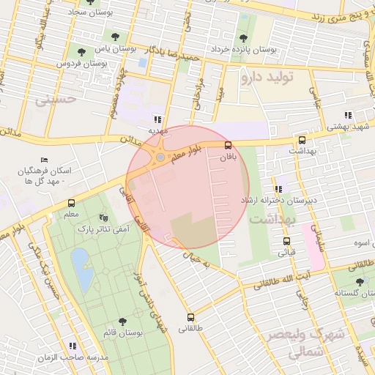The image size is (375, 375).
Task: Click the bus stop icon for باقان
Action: pyautogui.click(x=228, y=145)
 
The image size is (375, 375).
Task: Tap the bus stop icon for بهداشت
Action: pyautogui.click(x=302, y=140)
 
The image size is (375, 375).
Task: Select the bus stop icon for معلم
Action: pyautogui.click(x=71, y=204)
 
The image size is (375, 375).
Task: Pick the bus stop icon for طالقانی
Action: pyautogui.click(x=191, y=317)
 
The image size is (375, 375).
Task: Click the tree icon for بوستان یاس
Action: pyautogui.click(x=81, y=52)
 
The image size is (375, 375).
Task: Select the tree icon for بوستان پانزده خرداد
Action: pyautogui.click(x=242, y=39)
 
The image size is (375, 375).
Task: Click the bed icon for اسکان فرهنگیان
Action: pyautogui.click(x=45, y=160)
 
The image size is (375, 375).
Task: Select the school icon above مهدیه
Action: pyautogui.click(x=157, y=119)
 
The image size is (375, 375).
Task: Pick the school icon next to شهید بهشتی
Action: pyautogui.click(x=347, y=114)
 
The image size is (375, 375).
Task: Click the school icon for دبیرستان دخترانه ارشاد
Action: pyautogui.click(x=278, y=189)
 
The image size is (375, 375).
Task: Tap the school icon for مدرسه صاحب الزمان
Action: pyautogui.click(x=71, y=345)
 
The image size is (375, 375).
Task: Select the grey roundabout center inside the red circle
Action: pyautogui.click(x=160, y=157)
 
